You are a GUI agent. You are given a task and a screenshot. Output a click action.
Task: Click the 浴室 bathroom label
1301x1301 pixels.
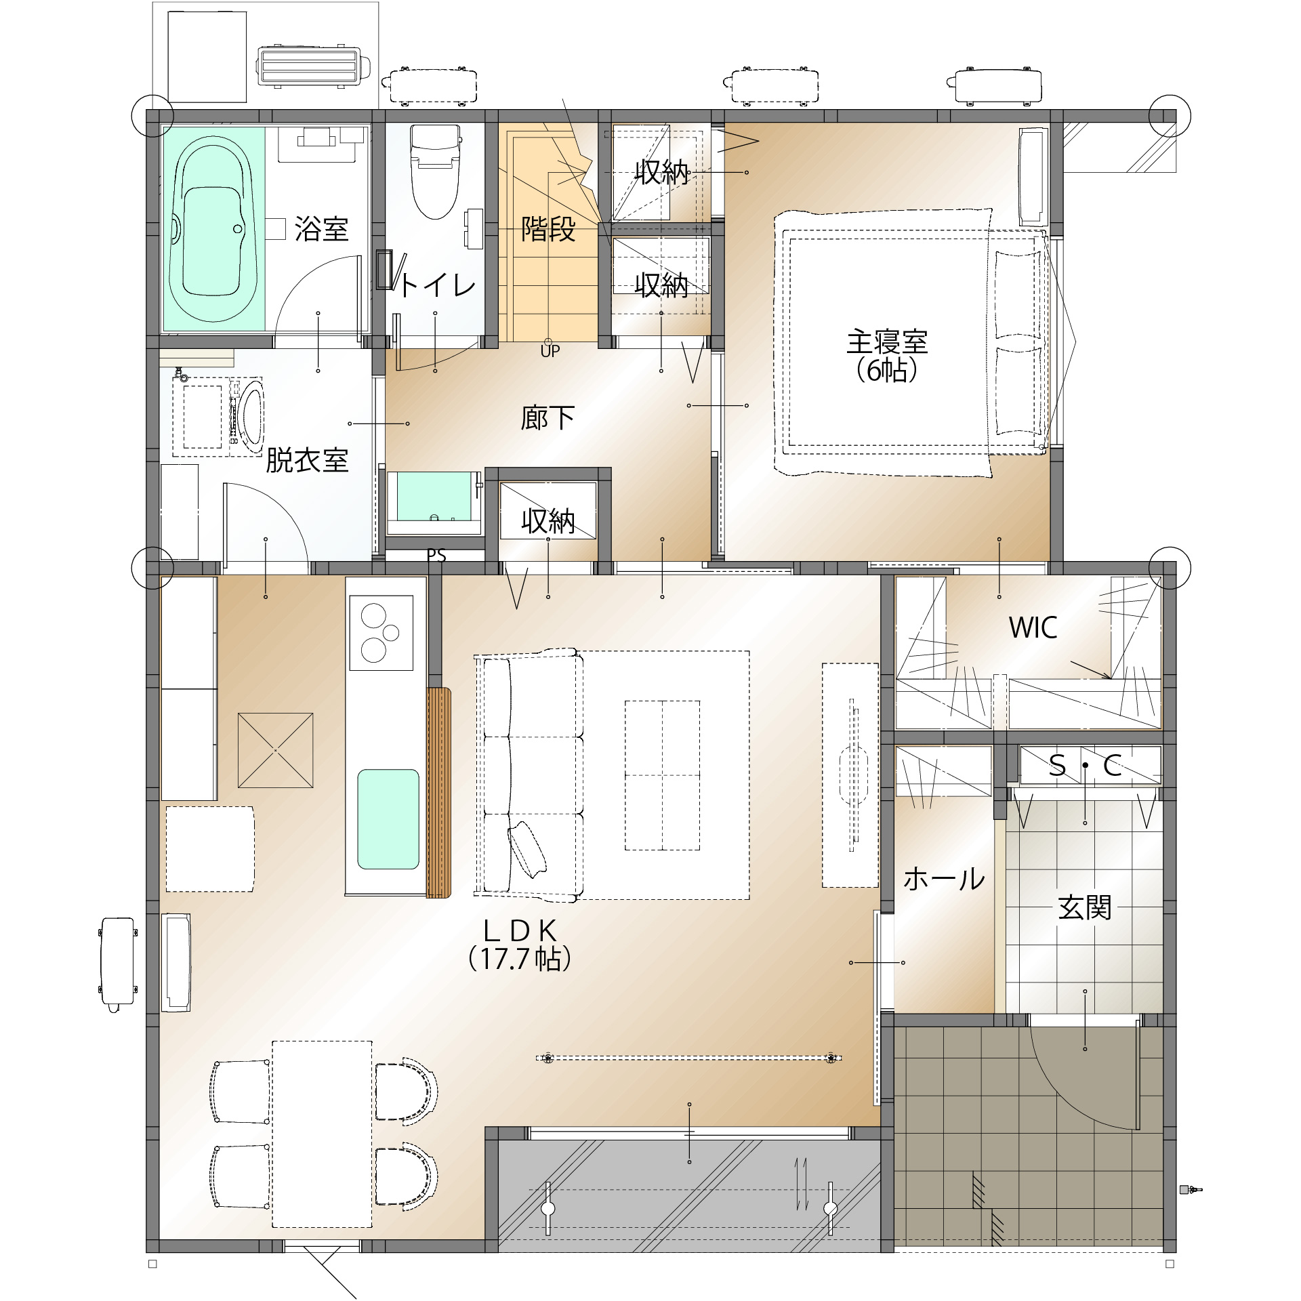[321, 229]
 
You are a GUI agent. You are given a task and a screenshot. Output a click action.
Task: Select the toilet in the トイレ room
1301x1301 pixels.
[435, 171]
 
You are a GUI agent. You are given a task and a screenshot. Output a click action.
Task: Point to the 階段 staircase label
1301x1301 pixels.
[548, 229]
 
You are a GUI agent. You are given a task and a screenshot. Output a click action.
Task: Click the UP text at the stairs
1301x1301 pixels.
[550, 351]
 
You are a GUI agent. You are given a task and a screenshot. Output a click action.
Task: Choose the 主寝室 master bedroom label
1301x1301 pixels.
[887, 342]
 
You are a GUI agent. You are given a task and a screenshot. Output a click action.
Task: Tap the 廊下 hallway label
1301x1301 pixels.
[548, 417]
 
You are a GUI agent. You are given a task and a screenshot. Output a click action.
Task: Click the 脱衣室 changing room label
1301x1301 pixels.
[307, 460]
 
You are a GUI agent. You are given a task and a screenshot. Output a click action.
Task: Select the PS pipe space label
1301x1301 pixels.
[436, 556]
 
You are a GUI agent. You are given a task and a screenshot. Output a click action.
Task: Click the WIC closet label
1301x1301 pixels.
[1033, 627]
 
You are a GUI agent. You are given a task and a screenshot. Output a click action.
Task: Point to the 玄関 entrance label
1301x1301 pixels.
[1085, 907]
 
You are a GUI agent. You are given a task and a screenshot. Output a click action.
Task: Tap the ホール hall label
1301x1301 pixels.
[944, 879]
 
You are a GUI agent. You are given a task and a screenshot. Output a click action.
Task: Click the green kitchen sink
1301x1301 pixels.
[388, 819]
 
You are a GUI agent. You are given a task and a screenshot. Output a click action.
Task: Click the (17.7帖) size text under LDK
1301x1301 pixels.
[520, 959]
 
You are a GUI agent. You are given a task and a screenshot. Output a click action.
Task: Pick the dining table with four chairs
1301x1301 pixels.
[322, 1134]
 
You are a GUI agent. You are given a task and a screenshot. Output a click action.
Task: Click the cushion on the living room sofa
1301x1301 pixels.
[527, 849]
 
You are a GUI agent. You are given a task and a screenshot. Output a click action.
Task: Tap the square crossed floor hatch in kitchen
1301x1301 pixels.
[275, 750]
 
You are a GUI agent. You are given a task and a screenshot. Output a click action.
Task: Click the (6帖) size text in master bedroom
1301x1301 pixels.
[887, 370]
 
